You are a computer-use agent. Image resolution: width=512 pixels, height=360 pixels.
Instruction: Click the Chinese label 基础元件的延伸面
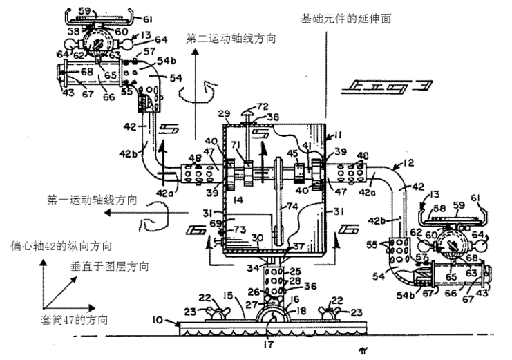(x=347, y=19)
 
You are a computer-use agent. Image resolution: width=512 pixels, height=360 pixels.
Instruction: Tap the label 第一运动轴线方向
(x=92, y=200)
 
